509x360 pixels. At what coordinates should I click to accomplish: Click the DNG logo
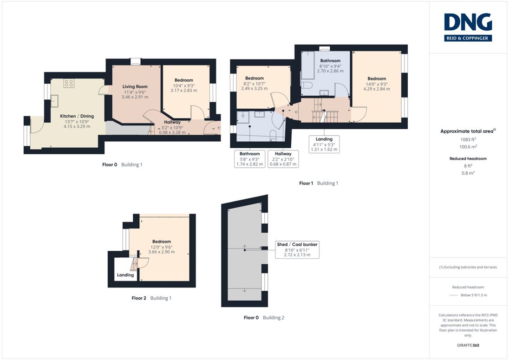pyautogui.click(x=468, y=27)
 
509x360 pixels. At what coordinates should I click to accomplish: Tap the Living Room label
pyautogui.click(x=135, y=87)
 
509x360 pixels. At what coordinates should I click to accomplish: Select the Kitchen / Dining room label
pyautogui.click(x=77, y=116)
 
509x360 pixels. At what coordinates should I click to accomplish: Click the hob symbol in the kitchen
pyautogui.click(x=69, y=84)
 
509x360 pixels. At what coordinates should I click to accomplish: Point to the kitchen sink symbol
pyautogui.click(x=54, y=101)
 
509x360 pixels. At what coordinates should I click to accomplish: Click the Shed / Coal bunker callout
pyautogui.click(x=297, y=249)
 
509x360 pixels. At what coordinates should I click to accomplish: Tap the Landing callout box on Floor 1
pyautogui.click(x=324, y=144)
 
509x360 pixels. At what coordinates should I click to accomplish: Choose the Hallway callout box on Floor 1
pyautogui.click(x=283, y=159)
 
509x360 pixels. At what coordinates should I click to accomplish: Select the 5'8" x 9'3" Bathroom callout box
pyautogui.click(x=250, y=159)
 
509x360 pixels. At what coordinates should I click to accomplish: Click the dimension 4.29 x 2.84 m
pyautogui.click(x=377, y=89)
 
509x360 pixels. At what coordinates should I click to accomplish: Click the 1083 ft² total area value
pyautogui.click(x=468, y=139)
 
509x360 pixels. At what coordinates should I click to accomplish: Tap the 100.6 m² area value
pyautogui.click(x=468, y=147)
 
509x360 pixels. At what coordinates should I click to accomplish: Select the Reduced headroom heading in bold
pyautogui.click(x=468, y=159)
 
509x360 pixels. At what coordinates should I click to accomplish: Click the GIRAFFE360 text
pyautogui.click(x=468, y=346)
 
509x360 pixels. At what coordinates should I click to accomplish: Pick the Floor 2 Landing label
pyautogui.click(x=125, y=275)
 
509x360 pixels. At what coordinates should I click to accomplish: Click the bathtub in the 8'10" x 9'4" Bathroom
pyautogui.click(x=308, y=65)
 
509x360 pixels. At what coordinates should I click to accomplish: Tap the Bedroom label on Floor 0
pyautogui.click(x=184, y=80)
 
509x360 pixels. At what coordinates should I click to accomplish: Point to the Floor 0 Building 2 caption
pyautogui.click(x=264, y=317)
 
